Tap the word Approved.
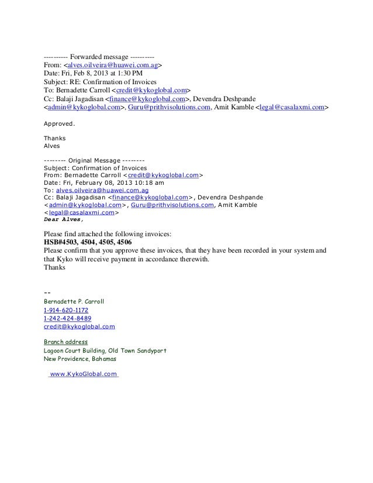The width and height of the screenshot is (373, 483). click(60, 124)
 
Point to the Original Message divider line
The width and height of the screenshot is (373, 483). click(94, 160)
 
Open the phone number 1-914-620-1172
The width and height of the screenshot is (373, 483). click(66, 309)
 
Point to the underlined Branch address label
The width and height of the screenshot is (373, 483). click(65, 341)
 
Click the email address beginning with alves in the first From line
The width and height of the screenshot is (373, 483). click(113, 65)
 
